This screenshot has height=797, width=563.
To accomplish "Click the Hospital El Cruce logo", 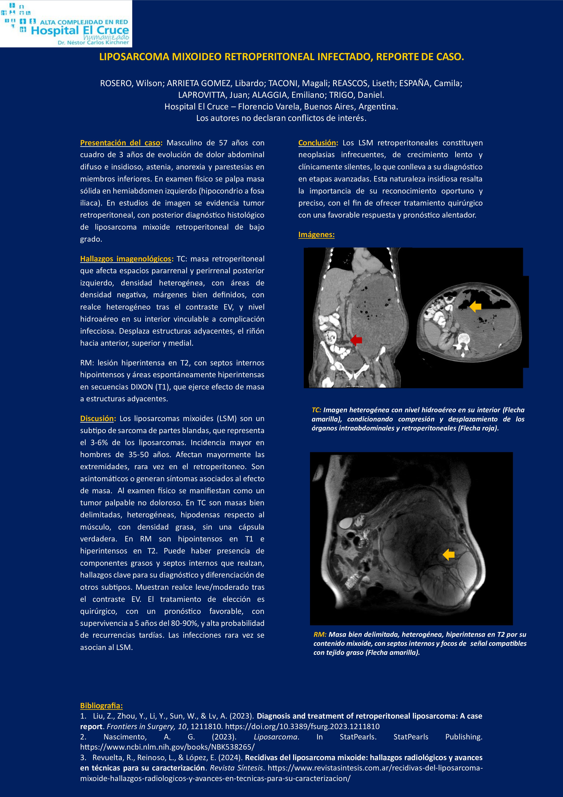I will click(x=66, y=24).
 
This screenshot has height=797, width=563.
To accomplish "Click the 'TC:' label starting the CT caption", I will click(x=316, y=410).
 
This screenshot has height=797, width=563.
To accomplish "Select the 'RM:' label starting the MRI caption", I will click(x=320, y=634).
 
